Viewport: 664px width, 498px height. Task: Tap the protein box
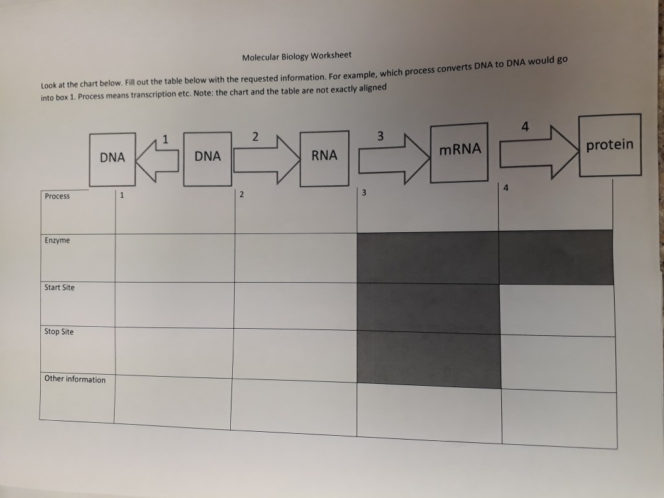coord(609,145)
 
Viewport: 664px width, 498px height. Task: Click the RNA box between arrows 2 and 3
coord(324,156)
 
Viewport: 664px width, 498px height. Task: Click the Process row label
coord(58,196)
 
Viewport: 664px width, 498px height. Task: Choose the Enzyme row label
coord(57,241)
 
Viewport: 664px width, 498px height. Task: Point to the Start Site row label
coord(60,287)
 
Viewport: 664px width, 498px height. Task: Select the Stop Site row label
coord(59,332)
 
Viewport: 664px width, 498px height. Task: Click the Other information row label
coord(75,379)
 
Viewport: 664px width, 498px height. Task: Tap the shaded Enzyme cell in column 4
coord(556,257)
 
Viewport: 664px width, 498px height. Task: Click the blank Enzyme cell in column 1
coord(175,257)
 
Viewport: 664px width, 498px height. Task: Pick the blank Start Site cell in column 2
coord(295,305)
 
